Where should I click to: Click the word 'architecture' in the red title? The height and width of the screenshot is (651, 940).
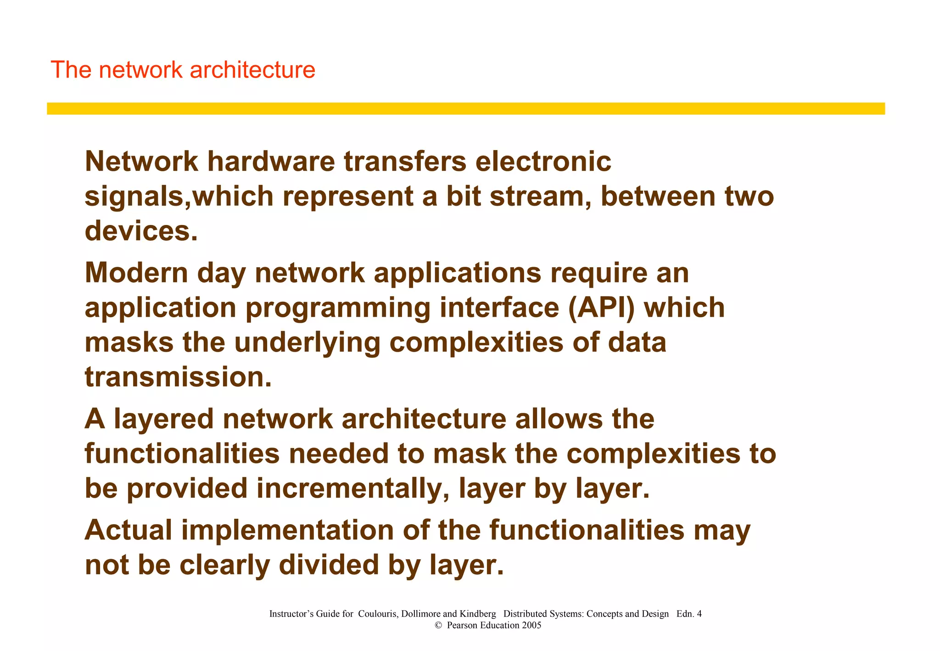pyautogui.click(x=252, y=70)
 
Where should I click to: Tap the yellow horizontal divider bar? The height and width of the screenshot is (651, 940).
pyautogui.click(x=465, y=108)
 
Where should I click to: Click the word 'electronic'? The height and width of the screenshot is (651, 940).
pyautogui.click(x=543, y=162)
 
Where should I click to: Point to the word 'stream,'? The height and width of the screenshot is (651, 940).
pyautogui.click(x=540, y=196)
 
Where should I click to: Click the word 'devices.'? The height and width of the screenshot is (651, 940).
pyautogui.click(x=141, y=230)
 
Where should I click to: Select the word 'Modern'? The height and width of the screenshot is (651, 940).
pyautogui.click(x=136, y=273)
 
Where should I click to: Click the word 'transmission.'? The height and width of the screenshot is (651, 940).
pyautogui.click(x=179, y=377)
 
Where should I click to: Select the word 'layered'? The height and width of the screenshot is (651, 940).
pyautogui.click(x=163, y=420)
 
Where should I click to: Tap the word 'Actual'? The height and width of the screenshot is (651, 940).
pyautogui.click(x=128, y=530)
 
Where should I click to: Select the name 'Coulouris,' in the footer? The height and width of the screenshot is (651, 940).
pyautogui.click(x=379, y=614)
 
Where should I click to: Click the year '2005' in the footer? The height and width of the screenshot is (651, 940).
pyautogui.click(x=531, y=625)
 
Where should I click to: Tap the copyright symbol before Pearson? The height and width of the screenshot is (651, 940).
pyautogui.click(x=438, y=625)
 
